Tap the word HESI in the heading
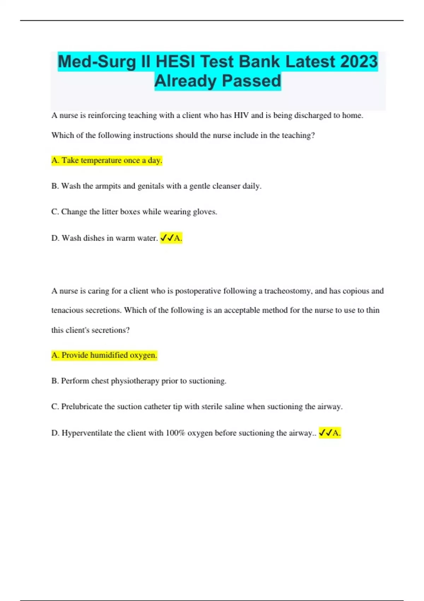pyautogui.click(x=175, y=62)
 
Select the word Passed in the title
pyautogui.click(x=252, y=81)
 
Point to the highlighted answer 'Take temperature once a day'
pyautogui.click(x=107, y=161)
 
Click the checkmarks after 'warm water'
pyautogui.click(x=167, y=238)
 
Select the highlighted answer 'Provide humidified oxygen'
pyautogui.click(x=104, y=355)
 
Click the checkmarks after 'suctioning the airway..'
pyautogui.click(x=326, y=433)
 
